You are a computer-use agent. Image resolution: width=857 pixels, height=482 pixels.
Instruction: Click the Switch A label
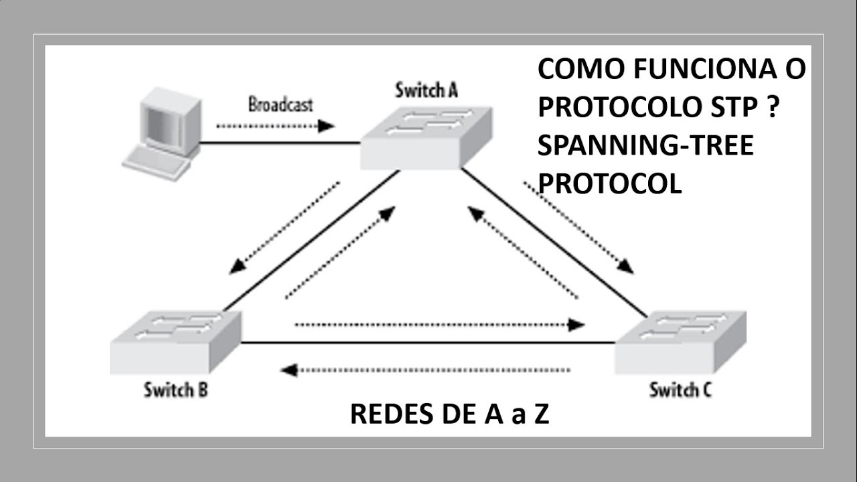[x=426, y=90]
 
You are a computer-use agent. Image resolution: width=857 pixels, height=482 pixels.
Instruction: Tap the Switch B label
[x=175, y=390]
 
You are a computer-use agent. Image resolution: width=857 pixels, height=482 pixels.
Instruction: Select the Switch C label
[x=680, y=390]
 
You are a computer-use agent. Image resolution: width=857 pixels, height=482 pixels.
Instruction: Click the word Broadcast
[x=281, y=104]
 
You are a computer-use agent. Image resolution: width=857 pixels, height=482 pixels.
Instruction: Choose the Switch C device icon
[x=680, y=341]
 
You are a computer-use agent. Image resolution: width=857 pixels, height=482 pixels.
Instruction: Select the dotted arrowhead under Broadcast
[x=327, y=126]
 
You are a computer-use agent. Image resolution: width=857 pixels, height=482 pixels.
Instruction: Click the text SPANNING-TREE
[x=645, y=145]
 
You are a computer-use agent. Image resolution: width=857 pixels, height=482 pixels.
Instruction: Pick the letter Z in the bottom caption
[x=541, y=415]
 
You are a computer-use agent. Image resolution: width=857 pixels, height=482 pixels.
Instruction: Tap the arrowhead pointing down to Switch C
[x=625, y=266]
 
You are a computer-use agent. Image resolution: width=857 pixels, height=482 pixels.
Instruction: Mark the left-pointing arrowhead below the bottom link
[x=289, y=370]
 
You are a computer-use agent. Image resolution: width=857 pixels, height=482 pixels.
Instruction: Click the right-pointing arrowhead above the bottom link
[x=577, y=325]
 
